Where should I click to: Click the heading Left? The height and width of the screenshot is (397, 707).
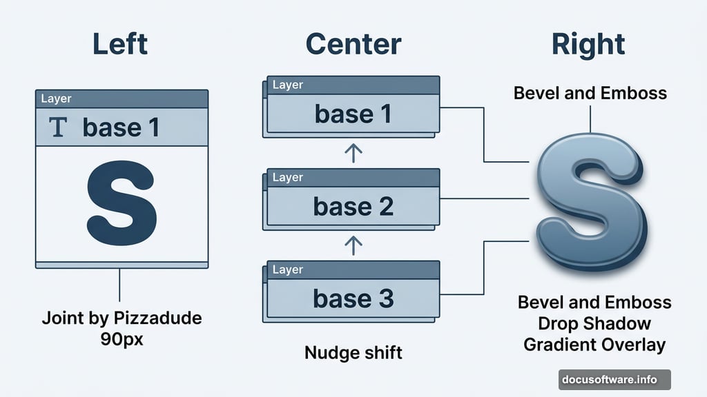tap(120, 44)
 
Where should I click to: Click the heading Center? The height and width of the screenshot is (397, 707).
tap(353, 44)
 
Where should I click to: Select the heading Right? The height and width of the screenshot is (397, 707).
tap(588, 44)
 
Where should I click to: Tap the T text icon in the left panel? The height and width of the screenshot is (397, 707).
tap(59, 128)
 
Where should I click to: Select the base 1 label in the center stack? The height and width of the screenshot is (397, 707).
tap(353, 114)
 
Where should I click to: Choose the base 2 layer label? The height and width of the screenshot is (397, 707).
tap(353, 206)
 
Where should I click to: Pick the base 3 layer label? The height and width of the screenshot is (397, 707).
tap(353, 298)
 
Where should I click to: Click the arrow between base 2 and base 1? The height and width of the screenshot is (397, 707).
tap(353, 153)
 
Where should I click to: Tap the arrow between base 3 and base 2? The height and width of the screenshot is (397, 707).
tap(353, 245)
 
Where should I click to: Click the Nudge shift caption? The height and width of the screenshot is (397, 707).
tap(353, 354)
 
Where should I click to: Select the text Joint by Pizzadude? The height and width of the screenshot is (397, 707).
tap(122, 318)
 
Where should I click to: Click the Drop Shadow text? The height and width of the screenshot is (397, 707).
tap(594, 323)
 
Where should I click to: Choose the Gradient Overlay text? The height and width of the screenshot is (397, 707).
tap(594, 345)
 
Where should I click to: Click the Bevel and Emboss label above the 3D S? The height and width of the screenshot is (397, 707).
tap(590, 93)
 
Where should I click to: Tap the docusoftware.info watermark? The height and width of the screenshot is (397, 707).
tap(614, 379)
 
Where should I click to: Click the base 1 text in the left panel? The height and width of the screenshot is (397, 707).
tap(121, 128)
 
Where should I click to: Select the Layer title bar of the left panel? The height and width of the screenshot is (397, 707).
tap(122, 99)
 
